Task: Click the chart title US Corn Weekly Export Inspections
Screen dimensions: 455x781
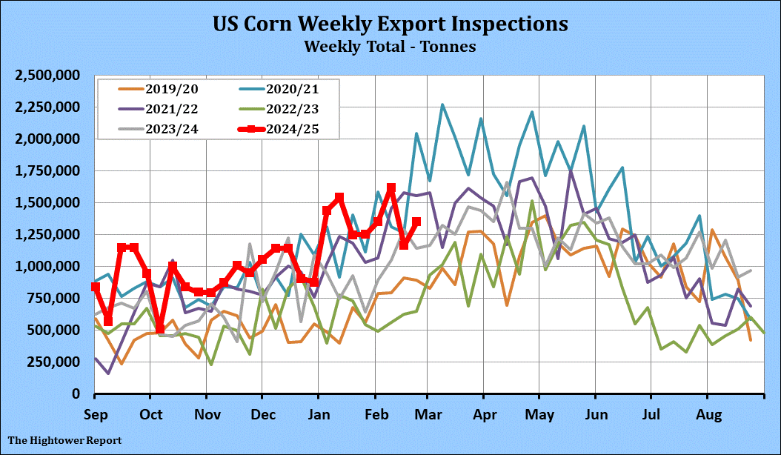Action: point(390,23)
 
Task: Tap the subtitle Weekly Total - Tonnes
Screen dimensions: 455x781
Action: point(390,46)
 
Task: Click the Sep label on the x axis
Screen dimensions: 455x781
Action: point(96,413)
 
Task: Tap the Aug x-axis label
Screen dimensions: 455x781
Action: point(707,413)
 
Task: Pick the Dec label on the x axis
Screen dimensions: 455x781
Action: point(262,413)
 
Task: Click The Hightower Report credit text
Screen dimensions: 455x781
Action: point(64,440)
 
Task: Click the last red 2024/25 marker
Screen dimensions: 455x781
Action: point(416,222)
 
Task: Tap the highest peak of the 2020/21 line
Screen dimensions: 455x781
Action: point(442,104)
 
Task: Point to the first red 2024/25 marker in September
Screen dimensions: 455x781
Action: point(96,287)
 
